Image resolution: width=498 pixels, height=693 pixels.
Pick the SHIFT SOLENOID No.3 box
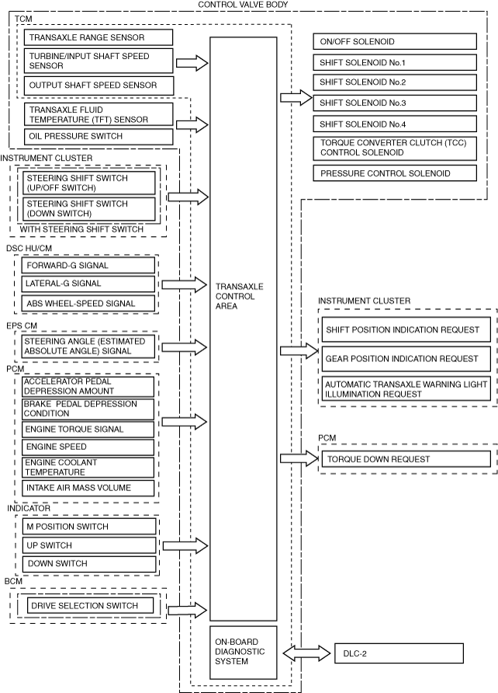pyautogui.click(x=396, y=103)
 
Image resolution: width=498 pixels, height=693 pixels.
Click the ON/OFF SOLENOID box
pyautogui.click(x=396, y=41)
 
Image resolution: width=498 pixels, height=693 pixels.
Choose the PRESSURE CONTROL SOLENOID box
pyautogui.click(x=396, y=173)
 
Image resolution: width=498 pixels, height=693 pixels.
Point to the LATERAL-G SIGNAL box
pyautogui.click(x=87, y=284)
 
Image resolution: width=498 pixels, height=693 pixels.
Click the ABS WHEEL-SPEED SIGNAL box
pyautogui.click(x=87, y=304)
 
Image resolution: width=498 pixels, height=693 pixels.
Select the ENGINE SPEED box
pyautogui.click(x=87, y=447)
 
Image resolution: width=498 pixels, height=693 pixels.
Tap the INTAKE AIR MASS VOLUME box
pyautogui.click(x=87, y=488)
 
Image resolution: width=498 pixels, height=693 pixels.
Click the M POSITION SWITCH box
pyautogui.click(x=87, y=527)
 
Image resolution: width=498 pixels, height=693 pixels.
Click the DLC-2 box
pyautogui.click(x=398, y=653)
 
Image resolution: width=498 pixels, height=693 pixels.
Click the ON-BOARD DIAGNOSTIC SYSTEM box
pyautogui.click(x=243, y=652)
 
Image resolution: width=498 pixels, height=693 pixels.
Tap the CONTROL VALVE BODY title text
pyautogui.click(x=244, y=5)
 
